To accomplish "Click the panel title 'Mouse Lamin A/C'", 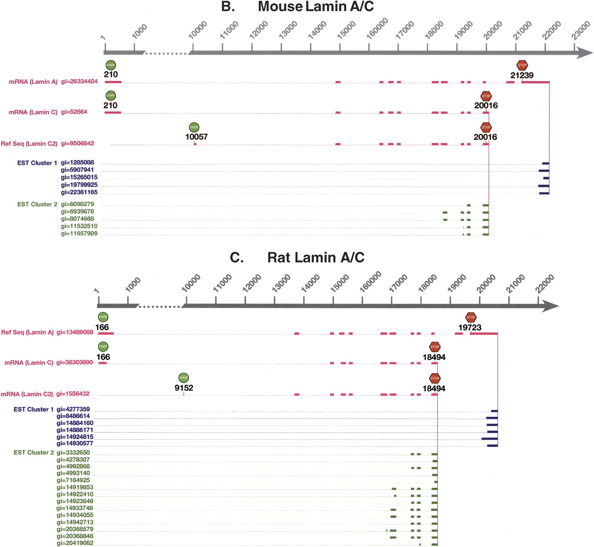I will [x=316, y=7].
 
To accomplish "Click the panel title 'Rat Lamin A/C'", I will [x=316, y=257].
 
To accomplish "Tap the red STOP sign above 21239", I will [x=522, y=65].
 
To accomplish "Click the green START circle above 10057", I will [x=194, y=127].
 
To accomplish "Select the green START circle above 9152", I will [x=184, y=377].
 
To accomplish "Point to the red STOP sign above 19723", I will [x=471, y=317].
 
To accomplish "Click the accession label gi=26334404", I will [x=79, y=82].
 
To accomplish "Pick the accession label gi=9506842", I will [x=77, y=144].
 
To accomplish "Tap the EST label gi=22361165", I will [x=79, y=192].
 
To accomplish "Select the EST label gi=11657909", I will [x=79, y=234].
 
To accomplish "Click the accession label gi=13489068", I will [x=75, y=332].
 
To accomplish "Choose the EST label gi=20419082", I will [x=75, y=543].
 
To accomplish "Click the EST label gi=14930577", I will [x=75, y=444].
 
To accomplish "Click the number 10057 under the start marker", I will [x=196, y=137].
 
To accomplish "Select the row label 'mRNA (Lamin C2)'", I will [x=27, y=394].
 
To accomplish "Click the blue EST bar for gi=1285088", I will [x=546, y=163].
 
